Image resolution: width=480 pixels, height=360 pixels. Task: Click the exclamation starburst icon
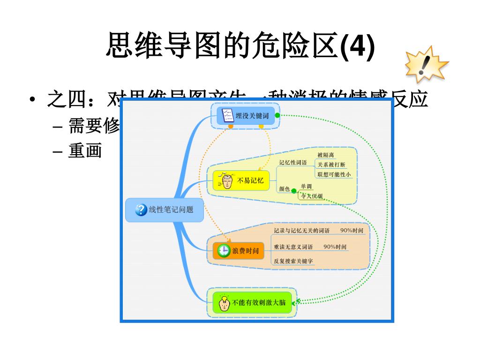pos(426,64)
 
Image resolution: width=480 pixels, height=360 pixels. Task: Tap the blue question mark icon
pos(141,210)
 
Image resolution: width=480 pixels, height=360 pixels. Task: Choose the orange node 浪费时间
pos(239,251)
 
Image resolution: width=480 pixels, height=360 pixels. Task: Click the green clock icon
pos(224,251)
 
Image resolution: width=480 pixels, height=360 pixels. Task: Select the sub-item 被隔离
pos(326,155)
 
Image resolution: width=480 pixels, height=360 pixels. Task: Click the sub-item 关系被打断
pos(331,165)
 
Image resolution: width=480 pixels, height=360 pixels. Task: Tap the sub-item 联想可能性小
pos(334,174)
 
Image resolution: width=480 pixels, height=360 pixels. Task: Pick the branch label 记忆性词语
pos(293,163)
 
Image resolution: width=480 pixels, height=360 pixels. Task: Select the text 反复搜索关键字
pos(293,261)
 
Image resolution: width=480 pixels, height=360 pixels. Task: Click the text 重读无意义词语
pos(293,247)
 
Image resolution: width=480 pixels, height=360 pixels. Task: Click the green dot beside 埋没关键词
pos(277,115)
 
